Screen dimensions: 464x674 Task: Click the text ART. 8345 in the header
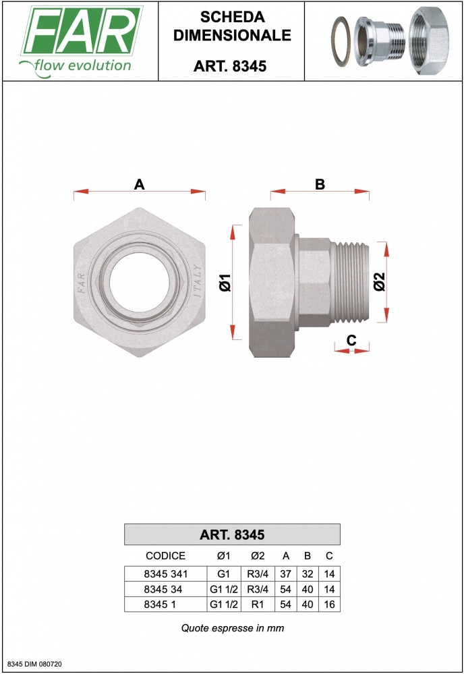click(x=230, y=66)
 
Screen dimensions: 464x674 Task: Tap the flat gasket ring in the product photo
click(x=341, y=42)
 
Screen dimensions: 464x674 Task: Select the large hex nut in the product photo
click(x=429, y=41)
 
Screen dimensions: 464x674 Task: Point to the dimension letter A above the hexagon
click(x=139, y=184)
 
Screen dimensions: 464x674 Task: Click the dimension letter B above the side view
click(x=320, y=184)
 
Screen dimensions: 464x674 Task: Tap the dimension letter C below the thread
click(x=351, y=340)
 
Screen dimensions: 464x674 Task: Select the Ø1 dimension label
click(x=225, y=283)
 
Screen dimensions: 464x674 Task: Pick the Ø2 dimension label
click(x=380, y=282)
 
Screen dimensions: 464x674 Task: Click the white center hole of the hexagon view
click(x=136, y=282)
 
